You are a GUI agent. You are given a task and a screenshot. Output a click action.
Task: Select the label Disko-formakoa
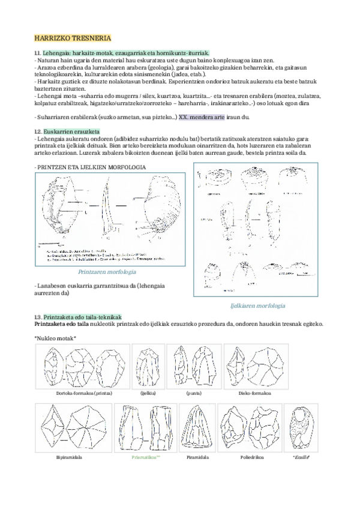coord(255,393)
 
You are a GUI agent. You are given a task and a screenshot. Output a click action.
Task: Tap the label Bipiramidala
coord(69,457)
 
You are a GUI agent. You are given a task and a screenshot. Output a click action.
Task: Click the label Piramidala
coord(197,457)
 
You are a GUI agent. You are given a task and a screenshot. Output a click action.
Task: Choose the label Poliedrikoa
coord(248,457)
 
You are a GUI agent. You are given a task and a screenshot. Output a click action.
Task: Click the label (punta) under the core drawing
coord(193,393)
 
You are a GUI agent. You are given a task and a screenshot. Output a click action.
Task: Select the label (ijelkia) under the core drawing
coord(148,393)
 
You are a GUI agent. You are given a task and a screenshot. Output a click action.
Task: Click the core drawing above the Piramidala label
coord(197,427)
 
